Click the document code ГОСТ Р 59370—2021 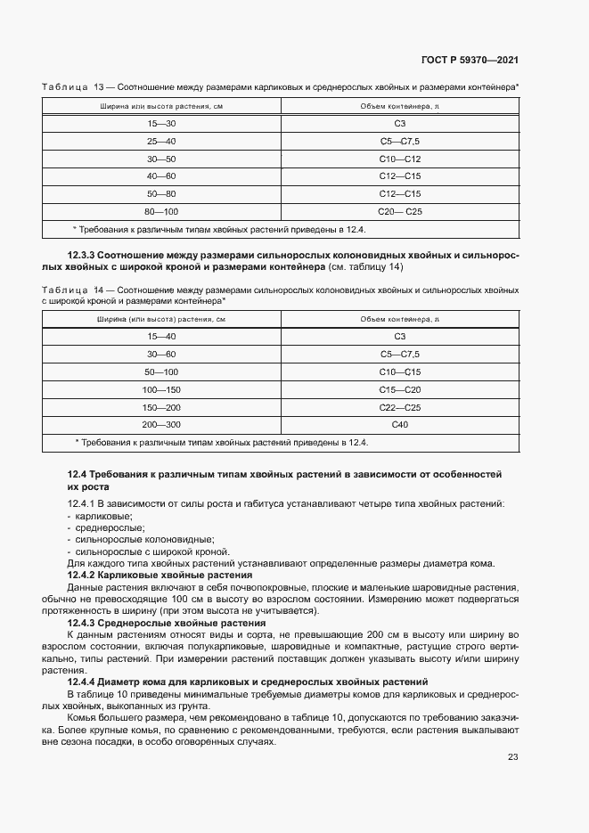(x=469, y=61)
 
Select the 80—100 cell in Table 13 (x=162, y=211)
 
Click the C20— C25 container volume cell (x=399, y=211)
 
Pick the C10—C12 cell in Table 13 (x=399, y=159)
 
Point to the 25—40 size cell (x=162, y=142)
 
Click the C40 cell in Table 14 (x=399, y=424)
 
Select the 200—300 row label (x=162, y=424)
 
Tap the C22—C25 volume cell (x=399, y=406)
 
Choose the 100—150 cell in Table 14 (x=162, y=389)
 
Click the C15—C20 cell (x=399, y=389)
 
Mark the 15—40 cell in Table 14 (x=162, y=337)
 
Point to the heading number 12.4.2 (x=86, y=576)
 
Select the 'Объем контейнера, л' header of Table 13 (x=399, y=106)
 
